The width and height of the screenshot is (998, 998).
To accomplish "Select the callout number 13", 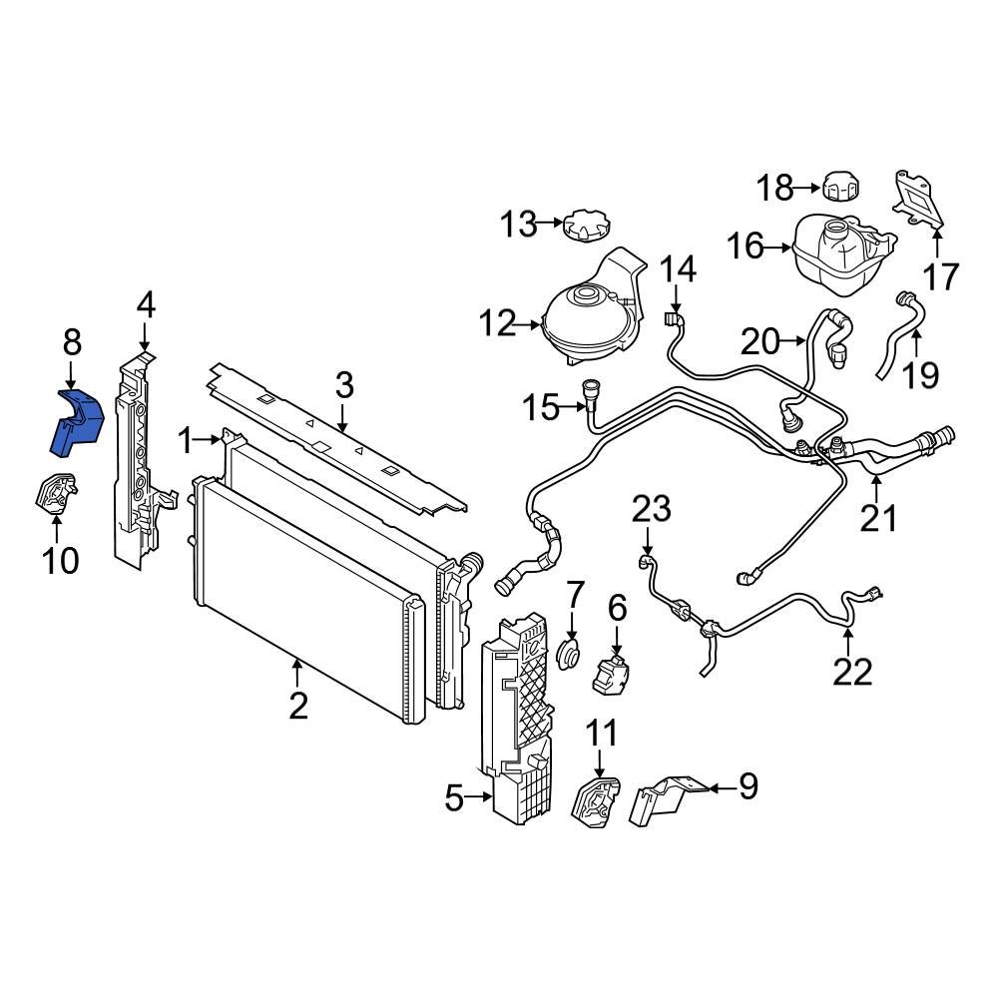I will pos(519,225).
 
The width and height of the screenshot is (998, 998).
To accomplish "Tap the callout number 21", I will pos(879,518).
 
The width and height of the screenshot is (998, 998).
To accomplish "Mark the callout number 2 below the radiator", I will pos(297,706).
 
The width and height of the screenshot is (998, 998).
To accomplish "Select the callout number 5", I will pos(454,797).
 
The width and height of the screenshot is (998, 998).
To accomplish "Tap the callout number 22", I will pos(852,671).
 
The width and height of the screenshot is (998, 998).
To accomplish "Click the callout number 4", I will pos(146,304).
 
